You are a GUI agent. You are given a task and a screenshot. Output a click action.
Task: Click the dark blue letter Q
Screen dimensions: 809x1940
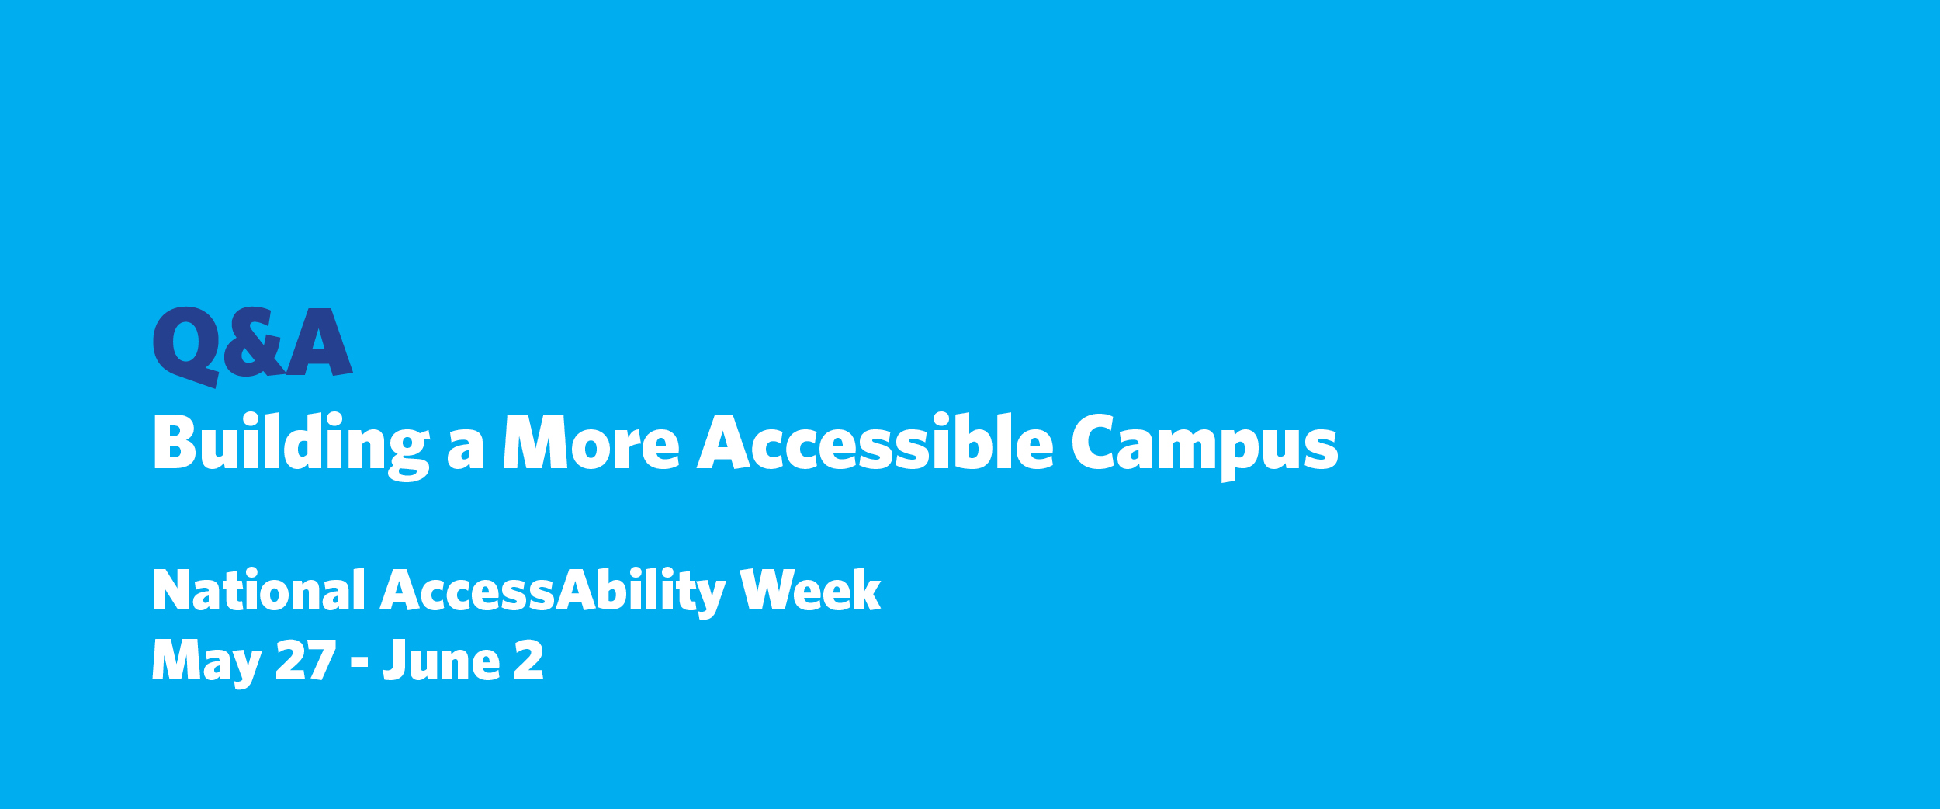tap(185, 343)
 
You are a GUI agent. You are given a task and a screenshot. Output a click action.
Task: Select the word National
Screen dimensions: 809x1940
tap(258, 591)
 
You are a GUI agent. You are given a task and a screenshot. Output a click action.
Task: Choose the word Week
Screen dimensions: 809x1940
tap(810, 591)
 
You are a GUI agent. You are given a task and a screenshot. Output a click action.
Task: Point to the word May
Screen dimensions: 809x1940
tap(206, 662)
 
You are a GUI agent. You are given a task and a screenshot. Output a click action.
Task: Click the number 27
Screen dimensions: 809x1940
tap(306, 660)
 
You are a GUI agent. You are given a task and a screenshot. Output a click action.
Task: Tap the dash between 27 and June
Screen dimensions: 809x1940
tap(359, 662)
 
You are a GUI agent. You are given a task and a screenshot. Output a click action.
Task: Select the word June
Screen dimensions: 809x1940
tap(442, 660)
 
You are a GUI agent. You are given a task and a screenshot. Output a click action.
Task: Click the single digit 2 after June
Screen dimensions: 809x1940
tap(528, 660)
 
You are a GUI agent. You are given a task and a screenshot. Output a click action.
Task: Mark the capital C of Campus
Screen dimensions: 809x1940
tap(1093, 441)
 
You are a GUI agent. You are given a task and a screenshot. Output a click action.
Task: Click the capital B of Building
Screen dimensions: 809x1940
tap(174, 442)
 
